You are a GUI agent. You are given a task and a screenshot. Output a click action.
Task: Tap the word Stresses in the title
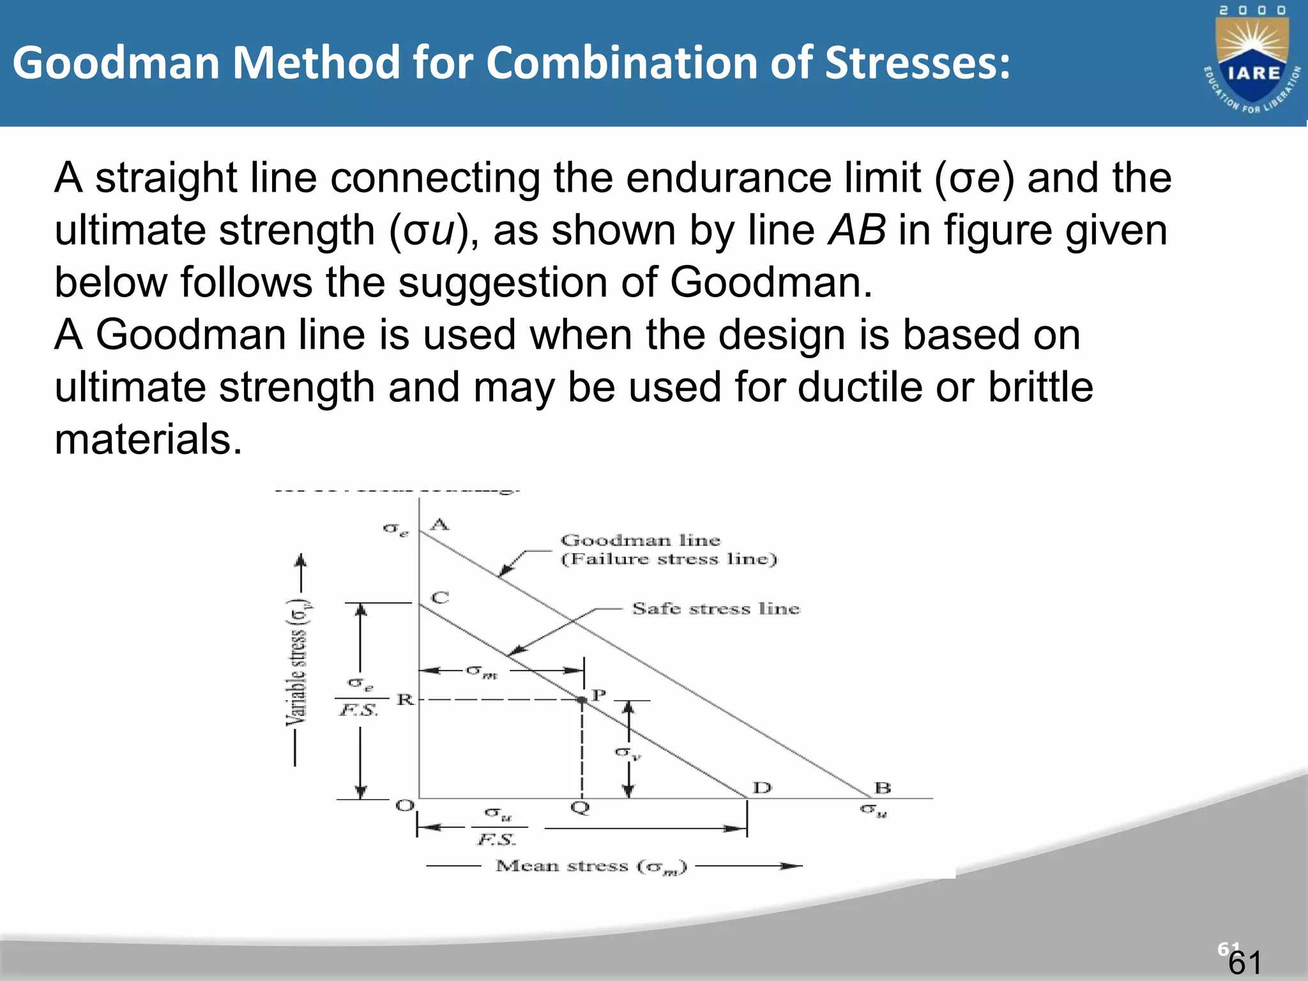[x=917, y=63]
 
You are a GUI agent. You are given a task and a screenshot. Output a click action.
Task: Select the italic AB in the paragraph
[x=856, y=231]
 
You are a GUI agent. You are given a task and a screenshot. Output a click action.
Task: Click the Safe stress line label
[x=715, y=609]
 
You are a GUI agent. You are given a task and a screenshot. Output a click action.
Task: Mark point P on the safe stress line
[x=582, y=700]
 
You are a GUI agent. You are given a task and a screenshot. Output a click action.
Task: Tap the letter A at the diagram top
[x=440, y=525]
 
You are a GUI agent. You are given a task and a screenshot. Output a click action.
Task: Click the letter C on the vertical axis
[x=440, y=598]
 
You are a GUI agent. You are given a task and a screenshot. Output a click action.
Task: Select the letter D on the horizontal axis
[x=761, y=787]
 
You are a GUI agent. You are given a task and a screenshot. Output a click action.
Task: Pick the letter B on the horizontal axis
[x=882, y=787]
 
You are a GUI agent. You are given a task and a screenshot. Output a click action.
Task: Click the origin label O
[x=405, y=805]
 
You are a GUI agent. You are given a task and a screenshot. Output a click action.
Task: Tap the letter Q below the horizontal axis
[x=580, y=808]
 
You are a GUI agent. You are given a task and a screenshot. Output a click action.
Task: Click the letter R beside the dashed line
[x=406, y=699]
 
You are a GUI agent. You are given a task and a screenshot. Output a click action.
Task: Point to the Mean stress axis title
[x=591, y=866]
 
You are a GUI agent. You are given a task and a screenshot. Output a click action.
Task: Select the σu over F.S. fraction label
[x=497, y=826]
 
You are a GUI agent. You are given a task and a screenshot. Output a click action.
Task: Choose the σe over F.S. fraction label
[x=360, y=697]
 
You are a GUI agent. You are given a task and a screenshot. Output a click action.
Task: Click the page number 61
[x=1245, y=962]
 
